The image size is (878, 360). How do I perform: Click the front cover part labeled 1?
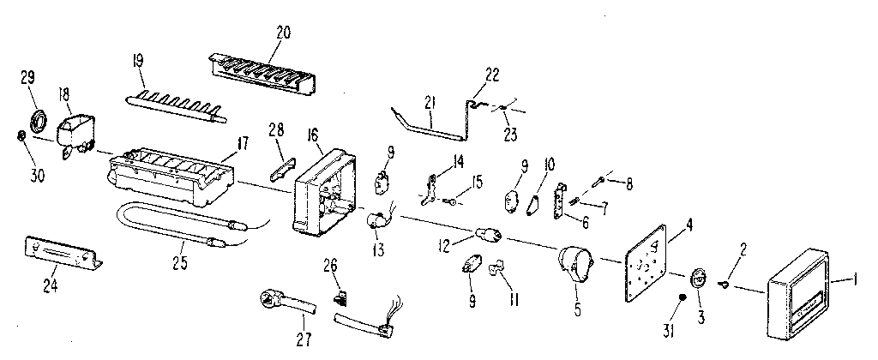click(x=802, y=294)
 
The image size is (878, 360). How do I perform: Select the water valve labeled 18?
click(x=75, y=133)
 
